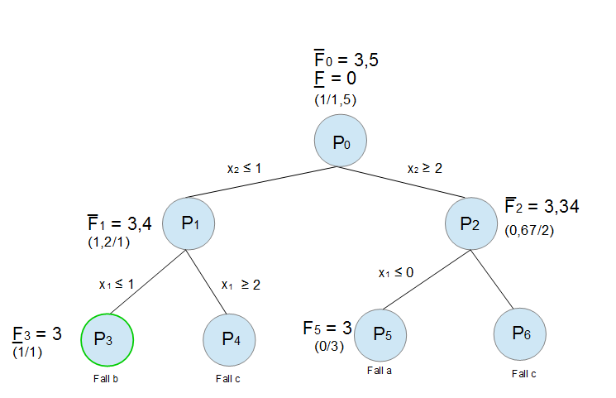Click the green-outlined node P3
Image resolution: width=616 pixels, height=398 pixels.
tap(107, 338)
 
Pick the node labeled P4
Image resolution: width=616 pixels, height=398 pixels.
tap(229, 338)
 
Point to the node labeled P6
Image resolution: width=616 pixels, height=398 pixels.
tap(520, 333)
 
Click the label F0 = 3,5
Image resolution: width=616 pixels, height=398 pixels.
tap(346, 60)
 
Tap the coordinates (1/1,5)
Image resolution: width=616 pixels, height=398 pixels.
tap(336, 99)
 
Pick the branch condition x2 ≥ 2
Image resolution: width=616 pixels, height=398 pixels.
tap(425, 167)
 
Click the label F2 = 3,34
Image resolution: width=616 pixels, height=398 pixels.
tap(542, 206)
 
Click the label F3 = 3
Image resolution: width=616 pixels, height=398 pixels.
tap(37, 334)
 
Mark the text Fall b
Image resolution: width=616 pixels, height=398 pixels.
tap(106, 379)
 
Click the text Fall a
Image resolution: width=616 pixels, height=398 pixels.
tap(380, 371)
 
